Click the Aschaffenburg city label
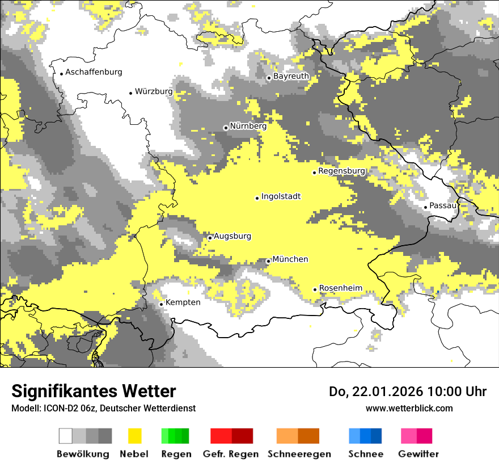tap(94, 73)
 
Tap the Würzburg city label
tap(154, 91)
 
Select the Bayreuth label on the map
tap(291, 76)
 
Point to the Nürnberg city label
tap(248, 127)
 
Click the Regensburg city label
tap(341, 171)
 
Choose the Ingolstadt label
tap(281, 197)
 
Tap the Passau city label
tap(443, 205)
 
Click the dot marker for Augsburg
tap(210, 238)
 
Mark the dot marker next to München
tap(268, 261)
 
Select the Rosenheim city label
tap(340, 288)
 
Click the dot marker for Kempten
tap(161, 304)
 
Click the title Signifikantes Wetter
tap(94, 392)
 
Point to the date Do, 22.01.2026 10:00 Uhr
tap(407, 392)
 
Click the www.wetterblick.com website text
tap(409, 408)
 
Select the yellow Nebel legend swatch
tap(134, 436)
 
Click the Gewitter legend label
tap(418, 454)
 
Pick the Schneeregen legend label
tap(299, 454)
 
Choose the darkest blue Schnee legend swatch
tap(377, 436)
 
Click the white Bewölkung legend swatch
tap(66, 436)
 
